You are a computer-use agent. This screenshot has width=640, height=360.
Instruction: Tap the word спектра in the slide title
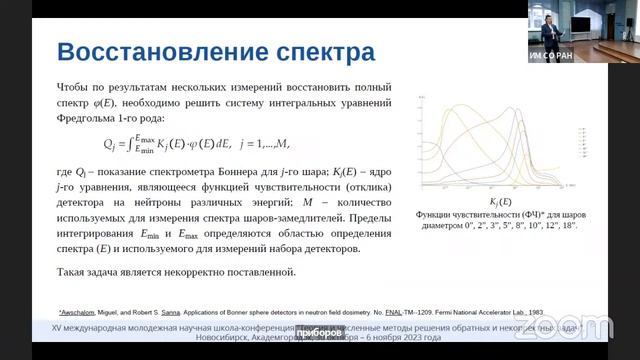click(317, 51)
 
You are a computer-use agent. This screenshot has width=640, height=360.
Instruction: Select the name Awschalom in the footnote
click(84, 311)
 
